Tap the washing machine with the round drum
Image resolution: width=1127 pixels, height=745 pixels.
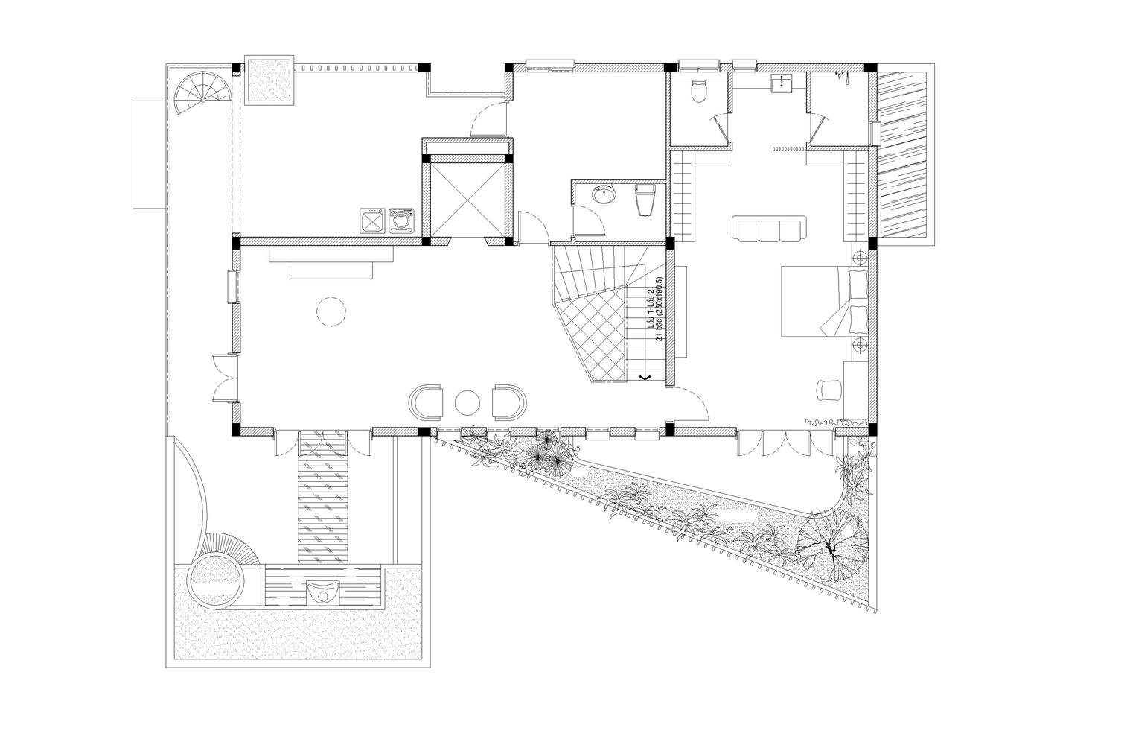[x=401, y=221]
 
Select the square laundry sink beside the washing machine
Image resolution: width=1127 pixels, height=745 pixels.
[x=373, y=221]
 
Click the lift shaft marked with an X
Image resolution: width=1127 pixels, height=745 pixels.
[x=467, y=200]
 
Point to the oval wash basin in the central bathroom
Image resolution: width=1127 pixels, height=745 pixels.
[x=603, y=194]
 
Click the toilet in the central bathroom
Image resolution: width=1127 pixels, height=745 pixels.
[x=645, y=200]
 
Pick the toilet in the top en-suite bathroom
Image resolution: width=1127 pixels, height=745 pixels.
[x=699, y=90]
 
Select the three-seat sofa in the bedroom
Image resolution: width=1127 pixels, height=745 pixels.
[x=769, y=229]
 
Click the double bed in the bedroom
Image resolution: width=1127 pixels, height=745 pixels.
[x=825, y=301]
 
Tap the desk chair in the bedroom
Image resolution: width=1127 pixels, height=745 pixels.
[x=828, y=390]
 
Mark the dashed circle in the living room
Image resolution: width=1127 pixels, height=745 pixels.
[x=331, y=313]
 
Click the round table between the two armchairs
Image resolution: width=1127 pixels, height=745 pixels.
[x=467, y=402]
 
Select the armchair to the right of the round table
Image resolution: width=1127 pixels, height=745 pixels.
[x=509, y=402]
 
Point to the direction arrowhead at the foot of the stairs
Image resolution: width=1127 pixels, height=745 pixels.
[x=645, y=375]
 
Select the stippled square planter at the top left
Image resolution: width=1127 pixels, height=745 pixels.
[x=269, y=79]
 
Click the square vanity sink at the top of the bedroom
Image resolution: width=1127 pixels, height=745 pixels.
[x=782, y=83]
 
